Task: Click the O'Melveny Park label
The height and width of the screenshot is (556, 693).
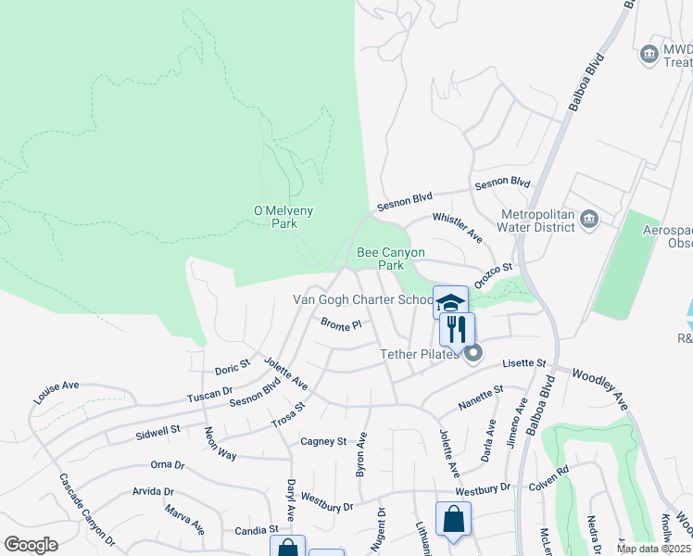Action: coord(283,217)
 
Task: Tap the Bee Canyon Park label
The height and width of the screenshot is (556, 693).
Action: coord(391,258)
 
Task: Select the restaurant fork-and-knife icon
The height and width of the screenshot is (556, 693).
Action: coord(456,329)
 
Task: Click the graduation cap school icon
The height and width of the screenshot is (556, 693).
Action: coord(450,302)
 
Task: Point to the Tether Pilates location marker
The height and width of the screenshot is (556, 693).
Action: coord(474,353)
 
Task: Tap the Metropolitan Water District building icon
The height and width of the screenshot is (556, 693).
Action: coord(588,220)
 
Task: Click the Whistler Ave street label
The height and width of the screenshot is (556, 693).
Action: coord(458,228)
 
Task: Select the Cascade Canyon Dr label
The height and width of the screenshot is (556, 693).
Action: coord(87,509)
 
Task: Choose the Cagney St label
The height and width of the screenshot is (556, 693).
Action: coord(322,442)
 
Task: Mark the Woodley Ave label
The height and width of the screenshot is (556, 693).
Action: coord(600,387)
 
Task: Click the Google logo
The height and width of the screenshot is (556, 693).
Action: coord(31,544)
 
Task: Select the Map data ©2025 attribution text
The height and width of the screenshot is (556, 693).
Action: coord(653,549)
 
